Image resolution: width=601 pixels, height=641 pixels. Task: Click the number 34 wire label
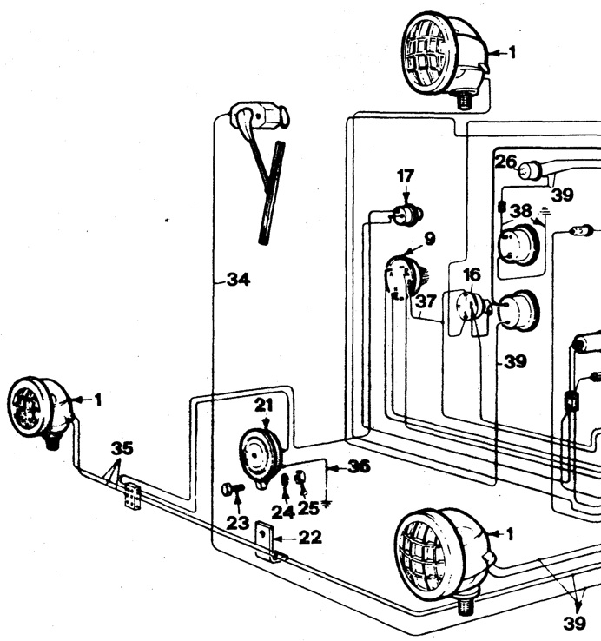(x=238, y=280)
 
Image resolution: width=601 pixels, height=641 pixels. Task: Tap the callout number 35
(x=122, y=448)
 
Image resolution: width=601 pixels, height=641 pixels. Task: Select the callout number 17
(x=406, y=176)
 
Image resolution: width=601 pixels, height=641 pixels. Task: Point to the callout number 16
(x=472, y=275)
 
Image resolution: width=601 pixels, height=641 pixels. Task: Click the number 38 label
(x=520, y=210)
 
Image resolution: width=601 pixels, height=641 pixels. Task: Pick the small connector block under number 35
(x=133, y=498)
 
